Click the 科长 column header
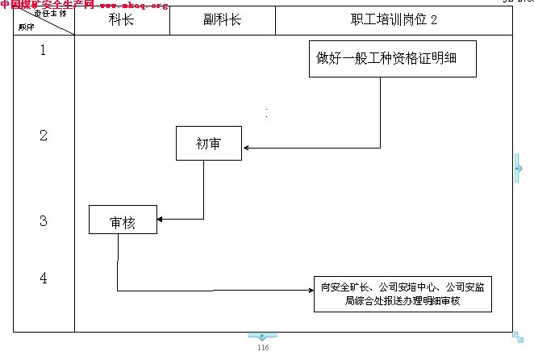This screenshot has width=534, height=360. [x=121, y=21]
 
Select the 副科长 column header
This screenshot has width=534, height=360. [x=222, y=21]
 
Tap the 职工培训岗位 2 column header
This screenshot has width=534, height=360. [x=394, y=21]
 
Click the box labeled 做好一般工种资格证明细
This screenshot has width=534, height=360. [x=392, y=58]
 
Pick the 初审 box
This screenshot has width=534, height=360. [x=209, y=144]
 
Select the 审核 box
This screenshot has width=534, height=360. [x=123, y=220]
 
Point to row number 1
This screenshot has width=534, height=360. [x=43, y=50]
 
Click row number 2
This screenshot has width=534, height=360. [x=43, y=135]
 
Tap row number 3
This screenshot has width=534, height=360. [x=43, y=220]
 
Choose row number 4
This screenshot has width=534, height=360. [x=43, y=278]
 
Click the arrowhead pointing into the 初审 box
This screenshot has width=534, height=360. [x=246, y=148]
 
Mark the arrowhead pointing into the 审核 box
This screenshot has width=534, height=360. [x=161, y=219]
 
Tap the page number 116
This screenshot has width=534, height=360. [x=262, y=347]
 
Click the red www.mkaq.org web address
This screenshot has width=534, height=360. [x=134, y=5]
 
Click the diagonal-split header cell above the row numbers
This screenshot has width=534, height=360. [x=44, y=21]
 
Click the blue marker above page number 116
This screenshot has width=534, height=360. [x=262, y=336]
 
